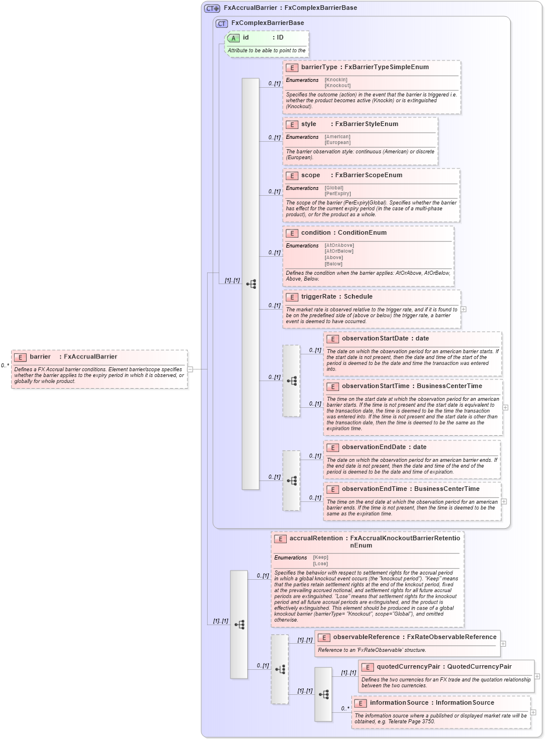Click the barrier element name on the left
[x=40, y=357]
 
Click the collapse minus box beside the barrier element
[x=190, y=369]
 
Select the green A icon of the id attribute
[x=233, y=38]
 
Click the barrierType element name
[x=319, y=67]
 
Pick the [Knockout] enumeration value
[x=337, y=85]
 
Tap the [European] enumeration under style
[x=337, y=142]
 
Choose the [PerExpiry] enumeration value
[x=337, y=193]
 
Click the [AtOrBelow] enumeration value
[x=339, y=251]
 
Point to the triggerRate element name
[x=319, y=297]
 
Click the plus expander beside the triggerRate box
[x=464, y=309]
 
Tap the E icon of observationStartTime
[x=332, y=386]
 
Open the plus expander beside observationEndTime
[x=504, y=501]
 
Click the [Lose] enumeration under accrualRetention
[x=320, y=564]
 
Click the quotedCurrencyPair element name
[x=408, y=667]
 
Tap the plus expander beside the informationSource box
[x=533, y=712]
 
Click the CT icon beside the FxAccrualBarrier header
[x=212, y=8]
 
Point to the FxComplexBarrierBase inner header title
[x=267, y=23]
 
